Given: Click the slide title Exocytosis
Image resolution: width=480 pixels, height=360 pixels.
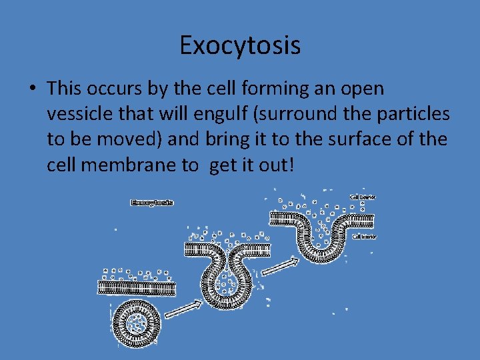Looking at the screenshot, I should pyautogui.click(x=240, y=45).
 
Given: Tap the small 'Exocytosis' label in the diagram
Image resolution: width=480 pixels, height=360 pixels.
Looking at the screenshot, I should pyautogui.click(x=152, y=202).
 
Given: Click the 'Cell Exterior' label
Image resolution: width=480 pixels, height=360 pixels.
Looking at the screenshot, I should pyautogui.click(x=363, y=197).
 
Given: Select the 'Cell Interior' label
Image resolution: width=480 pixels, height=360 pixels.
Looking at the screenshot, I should pyautogui.click(x=364, y=237).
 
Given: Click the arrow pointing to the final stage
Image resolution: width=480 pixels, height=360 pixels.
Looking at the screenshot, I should pyautogui.click(x=279, y=266).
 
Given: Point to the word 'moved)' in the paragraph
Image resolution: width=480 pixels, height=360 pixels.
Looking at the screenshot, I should pyautogui.click(x=132, y=139).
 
